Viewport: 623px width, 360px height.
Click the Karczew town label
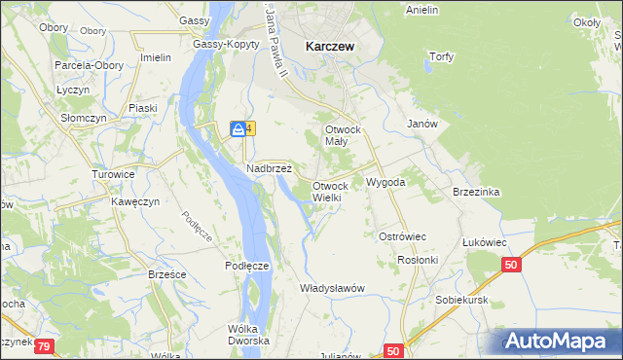tap(328, 45)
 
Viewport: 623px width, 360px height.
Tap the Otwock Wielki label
tap(329, 192)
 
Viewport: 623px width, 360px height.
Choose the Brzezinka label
tap(476, 192)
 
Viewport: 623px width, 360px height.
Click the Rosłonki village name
tap(419, 260)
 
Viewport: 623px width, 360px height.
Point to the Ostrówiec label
tap(402, 236)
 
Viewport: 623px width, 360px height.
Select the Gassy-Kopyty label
tap(226, 45)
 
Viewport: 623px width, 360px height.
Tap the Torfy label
tap(442, 56)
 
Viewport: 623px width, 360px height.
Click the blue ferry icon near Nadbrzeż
tap(238, 128)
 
